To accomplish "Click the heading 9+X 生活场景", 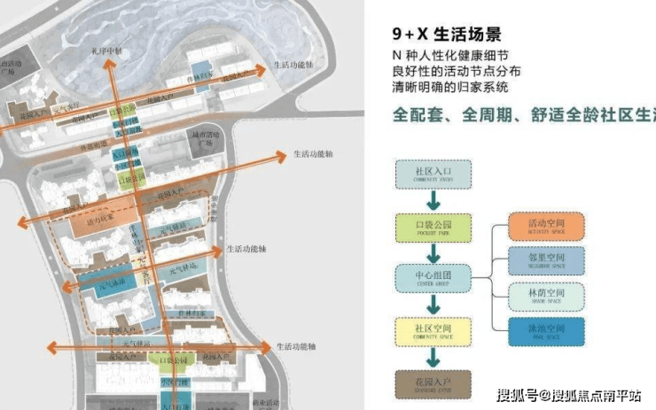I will click(448, 35).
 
